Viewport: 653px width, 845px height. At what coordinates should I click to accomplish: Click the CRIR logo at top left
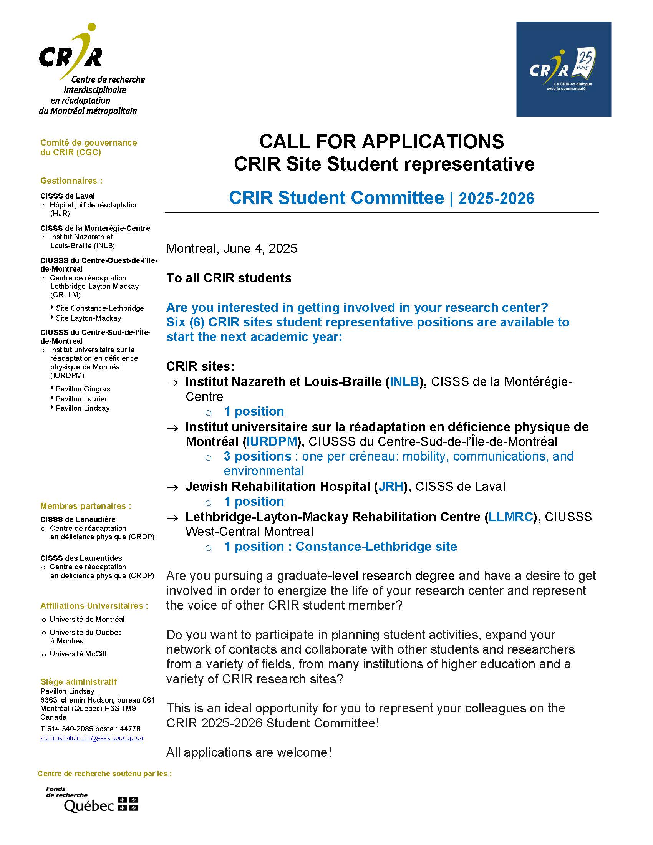[91, 70]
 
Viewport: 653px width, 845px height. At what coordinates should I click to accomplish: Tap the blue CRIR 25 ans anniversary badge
[563, 69]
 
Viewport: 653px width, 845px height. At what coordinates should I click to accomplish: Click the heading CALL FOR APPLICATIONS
[381, 142]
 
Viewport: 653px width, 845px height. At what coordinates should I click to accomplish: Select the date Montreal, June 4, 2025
[232, 249]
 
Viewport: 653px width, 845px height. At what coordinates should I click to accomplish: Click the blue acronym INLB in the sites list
[404, 382]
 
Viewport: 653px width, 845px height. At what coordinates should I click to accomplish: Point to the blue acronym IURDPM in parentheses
[272, 441]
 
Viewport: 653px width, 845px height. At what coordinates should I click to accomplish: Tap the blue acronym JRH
[391, 486]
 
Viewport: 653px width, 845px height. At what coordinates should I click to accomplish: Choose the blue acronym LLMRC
[510, 517]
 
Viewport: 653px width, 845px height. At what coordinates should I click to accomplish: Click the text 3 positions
[257, 456]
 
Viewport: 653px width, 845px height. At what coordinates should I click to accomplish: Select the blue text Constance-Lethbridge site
[376, 546]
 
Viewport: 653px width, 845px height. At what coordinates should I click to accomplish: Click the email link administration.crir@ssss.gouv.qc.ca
[92, 738]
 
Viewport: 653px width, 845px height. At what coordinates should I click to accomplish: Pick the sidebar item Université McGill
[78, 654]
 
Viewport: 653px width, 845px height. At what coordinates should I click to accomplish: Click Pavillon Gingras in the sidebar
[83, 389]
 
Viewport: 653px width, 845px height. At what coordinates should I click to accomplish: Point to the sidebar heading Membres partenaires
[86, 506]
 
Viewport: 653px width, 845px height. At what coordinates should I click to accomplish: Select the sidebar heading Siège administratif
[78, 682]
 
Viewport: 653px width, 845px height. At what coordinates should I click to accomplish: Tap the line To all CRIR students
[229, 278]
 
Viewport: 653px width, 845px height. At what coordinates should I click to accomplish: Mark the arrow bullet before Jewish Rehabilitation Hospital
[172, 487]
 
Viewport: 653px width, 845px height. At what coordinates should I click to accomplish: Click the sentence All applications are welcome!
[249, 752]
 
